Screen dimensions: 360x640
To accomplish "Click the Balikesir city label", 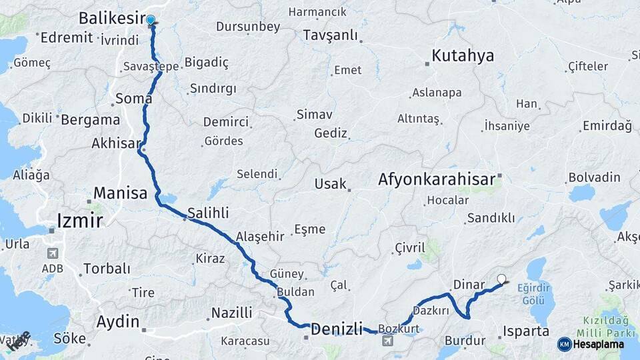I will click(x=111, y=17).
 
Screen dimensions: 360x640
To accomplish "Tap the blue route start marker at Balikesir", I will click(x=151, y=21).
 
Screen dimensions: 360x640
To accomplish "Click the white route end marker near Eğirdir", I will click(x=502, y=280).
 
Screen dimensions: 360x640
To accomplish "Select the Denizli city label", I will click(x=337, y=329).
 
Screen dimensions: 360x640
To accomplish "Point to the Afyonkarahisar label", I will click(x=437, y=179).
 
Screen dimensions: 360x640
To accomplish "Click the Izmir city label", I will click(x=79, y=220).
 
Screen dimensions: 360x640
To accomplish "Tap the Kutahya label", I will click(x=463, y=56).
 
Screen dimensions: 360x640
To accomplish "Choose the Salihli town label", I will click(x=208, y=213).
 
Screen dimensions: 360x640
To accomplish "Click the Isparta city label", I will click(x=526, y=331).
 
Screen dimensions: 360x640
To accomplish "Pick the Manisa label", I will click(x=120, y=194).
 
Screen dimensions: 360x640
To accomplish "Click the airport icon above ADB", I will click(x=52, y=254).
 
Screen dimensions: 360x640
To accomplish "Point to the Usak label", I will click(x=331, y=184).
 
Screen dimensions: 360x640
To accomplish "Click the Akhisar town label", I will click(x=117, y=143).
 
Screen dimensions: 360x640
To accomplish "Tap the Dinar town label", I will click(x=469, y=285).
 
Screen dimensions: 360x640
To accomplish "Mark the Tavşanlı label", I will click(x=330, y=35).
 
